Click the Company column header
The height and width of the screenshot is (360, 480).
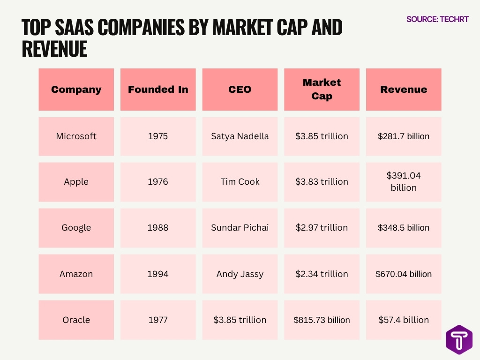[76, 90]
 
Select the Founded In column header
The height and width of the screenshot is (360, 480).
[158, 90]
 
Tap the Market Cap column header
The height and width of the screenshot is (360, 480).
[322, 89]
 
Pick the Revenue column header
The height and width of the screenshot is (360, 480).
[404, 90]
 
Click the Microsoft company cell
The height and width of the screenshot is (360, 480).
[76, 136]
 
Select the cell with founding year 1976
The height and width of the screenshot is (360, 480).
[158, 182]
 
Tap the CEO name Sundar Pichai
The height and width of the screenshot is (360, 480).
[240, 228]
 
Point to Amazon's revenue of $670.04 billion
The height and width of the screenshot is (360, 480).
[404, 274]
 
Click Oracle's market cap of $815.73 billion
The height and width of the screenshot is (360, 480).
[322, 320]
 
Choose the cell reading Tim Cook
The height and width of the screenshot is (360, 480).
[240, 182]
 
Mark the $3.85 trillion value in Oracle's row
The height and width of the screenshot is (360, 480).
[240, 320]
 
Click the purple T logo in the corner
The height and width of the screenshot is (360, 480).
[459, 339]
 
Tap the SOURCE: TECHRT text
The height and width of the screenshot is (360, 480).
[437, 19]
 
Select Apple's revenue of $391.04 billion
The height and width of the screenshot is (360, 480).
[404, 182]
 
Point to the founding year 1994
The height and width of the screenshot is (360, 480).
[158, 274]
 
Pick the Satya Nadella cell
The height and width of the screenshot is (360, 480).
[240, 136]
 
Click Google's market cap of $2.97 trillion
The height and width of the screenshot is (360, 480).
[322, 228]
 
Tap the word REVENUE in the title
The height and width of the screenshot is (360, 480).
[54, 49]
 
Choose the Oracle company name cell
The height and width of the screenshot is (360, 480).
[76, 320]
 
